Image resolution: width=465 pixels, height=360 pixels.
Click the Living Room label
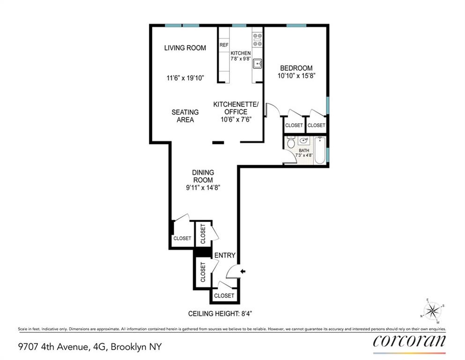coord(185,48)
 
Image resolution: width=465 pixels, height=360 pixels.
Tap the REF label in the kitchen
coord(224,45)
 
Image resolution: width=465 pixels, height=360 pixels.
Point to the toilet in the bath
coord(290,141)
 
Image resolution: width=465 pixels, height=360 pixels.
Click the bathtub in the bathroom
coord(319,150)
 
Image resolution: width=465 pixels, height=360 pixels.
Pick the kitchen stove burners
coord(257,40)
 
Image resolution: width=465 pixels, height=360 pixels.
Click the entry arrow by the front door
coord(243,271)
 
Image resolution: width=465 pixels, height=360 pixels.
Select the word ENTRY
coord(224,255)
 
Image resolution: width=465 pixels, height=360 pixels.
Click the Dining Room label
coord(203,176)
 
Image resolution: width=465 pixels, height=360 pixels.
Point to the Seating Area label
coord(185,116)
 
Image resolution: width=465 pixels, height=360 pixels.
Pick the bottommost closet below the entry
coord(224,296)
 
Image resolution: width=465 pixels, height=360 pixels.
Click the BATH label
coord(304,150)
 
